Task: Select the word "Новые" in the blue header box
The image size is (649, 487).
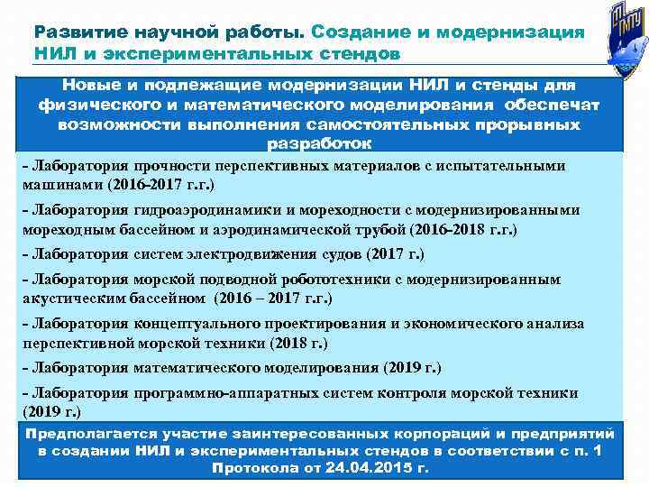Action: (90, 85)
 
